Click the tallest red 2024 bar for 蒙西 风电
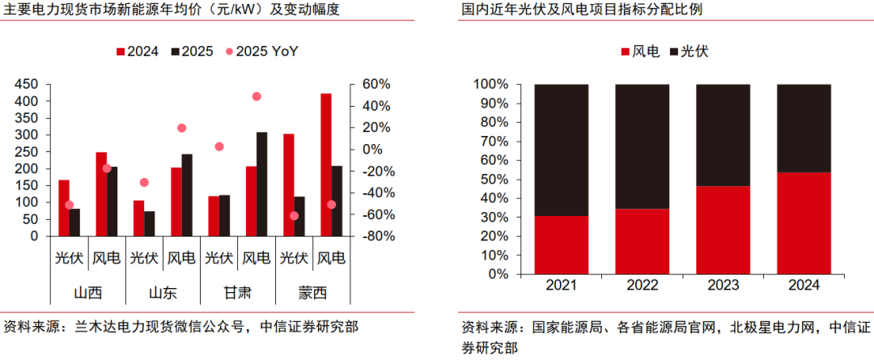(x=326, y=165)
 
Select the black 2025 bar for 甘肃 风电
(x=261, y=184)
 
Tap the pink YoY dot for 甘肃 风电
(x=257, y=96)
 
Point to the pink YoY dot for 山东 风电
(x=181, y=128)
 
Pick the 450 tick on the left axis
(x=27, y=84)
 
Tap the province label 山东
(x=163, y=292)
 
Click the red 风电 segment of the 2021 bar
(x=562, y=245)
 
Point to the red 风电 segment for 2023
(x=723, y=231)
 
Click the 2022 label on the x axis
(x=643, y=286)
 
